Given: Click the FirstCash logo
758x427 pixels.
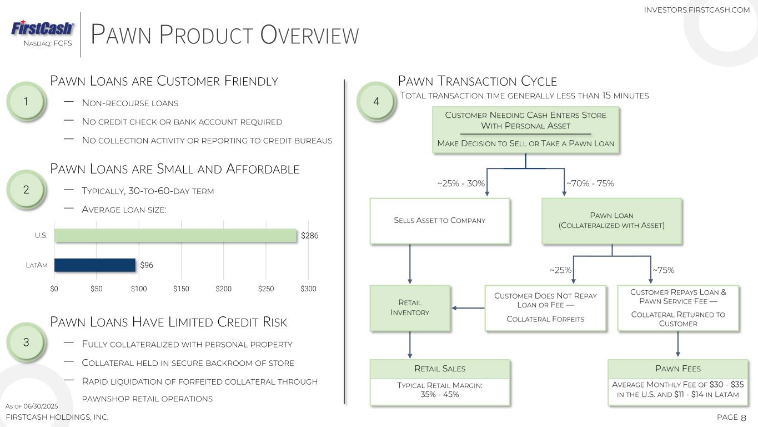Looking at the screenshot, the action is click(x=42, y=28).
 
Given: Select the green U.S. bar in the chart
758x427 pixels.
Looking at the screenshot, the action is click(x=175, y=236).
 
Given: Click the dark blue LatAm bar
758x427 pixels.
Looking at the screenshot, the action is click(x=95, y=265).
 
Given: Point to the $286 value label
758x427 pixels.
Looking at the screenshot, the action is click(x=310, y=236).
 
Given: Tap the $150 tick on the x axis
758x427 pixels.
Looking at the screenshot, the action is click(x=181, y=289).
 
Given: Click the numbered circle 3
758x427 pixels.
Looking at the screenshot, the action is click(x=26, y=342).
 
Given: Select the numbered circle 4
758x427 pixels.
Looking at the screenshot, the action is click(x=376, y=101).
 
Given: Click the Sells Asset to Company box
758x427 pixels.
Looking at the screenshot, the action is click(x=440, y=221).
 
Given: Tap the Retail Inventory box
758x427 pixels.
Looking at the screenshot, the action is click(x=410, y=307).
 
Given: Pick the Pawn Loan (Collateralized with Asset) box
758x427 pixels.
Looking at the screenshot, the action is click(x=611, y=221).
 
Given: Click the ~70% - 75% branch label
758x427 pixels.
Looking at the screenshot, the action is click(x=590, y=183).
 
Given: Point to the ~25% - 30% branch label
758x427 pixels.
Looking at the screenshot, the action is click(x=461, y=183).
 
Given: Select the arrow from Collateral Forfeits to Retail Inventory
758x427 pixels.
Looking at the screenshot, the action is click(x=468, y=308).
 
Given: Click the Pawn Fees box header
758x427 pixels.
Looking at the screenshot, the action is click(x=678, y=369).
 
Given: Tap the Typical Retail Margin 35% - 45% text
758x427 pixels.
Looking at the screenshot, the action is click(x=440, y=390).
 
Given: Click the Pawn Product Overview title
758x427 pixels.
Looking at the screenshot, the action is click(x=225, y=34).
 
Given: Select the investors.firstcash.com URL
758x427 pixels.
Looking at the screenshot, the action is click(x=697, y=10).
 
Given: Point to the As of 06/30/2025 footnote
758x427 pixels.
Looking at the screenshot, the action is click(x=32, y=406).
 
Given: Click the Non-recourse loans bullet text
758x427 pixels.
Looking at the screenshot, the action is click(x=130, y=103).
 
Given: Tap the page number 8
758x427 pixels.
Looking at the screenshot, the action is click(x=744, y=418).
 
